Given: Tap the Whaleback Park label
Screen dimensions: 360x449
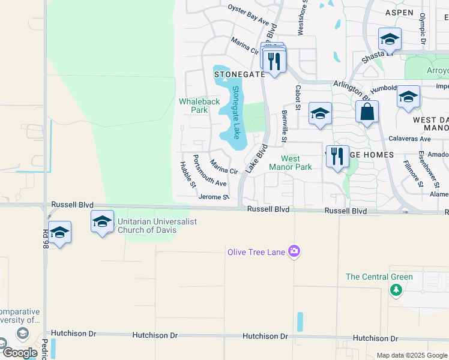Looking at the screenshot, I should tap(193, 106).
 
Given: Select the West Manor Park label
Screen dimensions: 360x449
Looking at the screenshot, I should tap(291, 163).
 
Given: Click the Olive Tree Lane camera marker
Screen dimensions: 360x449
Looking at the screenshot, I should tap(294, 251).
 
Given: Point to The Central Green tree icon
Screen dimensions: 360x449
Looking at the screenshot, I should tap(396, 290).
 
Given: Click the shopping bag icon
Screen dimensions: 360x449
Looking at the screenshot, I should tap(367, 113).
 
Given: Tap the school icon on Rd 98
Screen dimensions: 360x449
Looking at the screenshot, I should tap(60, 232).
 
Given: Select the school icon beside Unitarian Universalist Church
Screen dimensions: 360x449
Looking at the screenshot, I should tap(102, 222).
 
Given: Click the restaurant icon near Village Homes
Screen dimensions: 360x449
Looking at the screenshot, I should tap(337, 157).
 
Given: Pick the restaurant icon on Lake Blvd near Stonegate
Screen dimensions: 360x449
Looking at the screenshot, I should tap(275, 61).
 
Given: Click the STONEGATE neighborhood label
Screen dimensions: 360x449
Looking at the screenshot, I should tap(240, 74).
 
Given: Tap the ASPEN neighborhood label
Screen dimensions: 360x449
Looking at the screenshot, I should tap(400, 13).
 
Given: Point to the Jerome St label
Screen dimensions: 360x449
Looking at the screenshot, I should tap(214, 197).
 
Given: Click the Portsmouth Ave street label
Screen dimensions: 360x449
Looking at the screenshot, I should tap(209, 170).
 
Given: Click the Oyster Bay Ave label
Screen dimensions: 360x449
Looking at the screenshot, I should tap(248, 15).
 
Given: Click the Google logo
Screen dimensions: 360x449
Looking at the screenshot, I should tap(20, 352).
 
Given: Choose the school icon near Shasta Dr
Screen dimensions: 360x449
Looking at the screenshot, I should tap(390, 40).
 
